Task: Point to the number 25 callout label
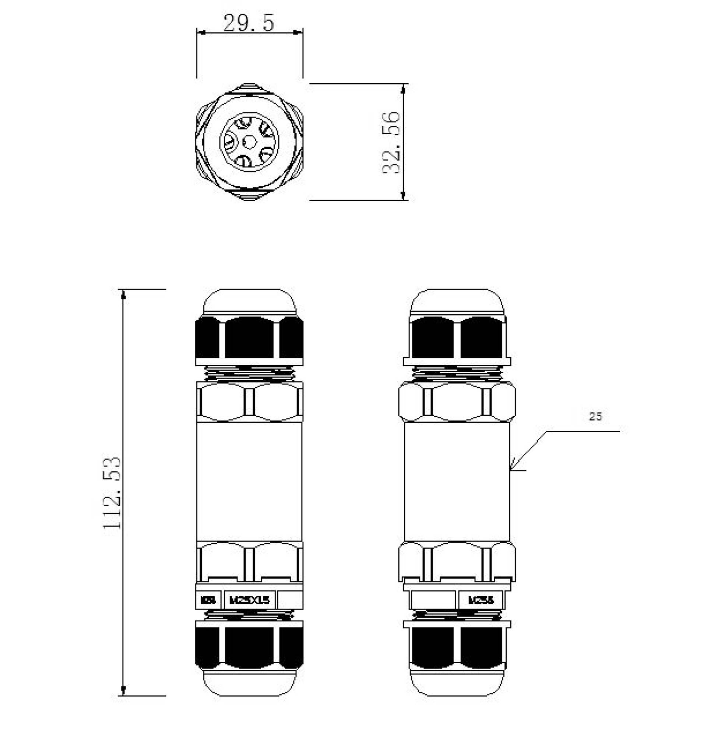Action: (x=595, y=417)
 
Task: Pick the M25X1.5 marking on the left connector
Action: (x=250, y=600)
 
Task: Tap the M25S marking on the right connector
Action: (x=481, y=600)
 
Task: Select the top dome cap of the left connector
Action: (x=249, y=302)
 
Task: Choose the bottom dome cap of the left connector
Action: (x=249, y=683)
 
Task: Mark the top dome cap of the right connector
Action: (x=457, y=302)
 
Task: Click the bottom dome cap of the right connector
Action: (x=457, y=683)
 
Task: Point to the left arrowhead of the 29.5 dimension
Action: (x=201, y=33)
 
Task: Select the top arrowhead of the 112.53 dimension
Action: (x=123, y=295)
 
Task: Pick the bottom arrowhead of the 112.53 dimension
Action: (x=123, y=691)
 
